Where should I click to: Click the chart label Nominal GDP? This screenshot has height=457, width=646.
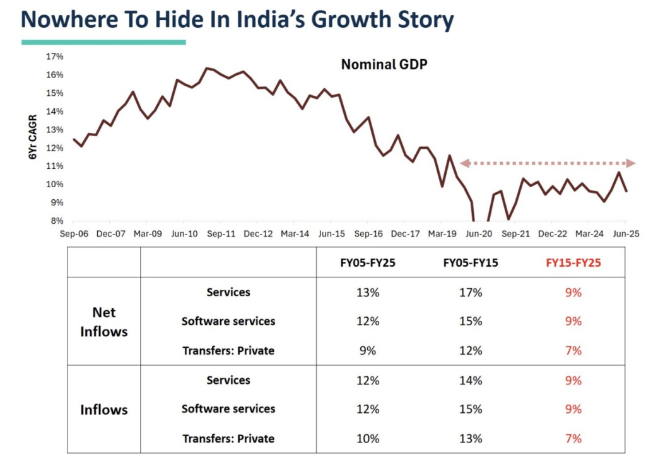click(384, 64)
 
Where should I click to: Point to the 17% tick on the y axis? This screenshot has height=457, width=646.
click(55, 57)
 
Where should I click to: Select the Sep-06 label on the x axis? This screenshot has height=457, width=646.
click(73, 233)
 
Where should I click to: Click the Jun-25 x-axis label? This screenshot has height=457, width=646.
click(626, 233)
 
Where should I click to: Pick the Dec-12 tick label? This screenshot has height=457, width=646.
click(258, 233)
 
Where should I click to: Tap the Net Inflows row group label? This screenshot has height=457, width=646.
click(103, 321)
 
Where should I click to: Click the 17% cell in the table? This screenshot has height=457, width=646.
click(471, 292)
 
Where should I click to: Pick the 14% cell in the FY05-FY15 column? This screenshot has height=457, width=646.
click(471, 380)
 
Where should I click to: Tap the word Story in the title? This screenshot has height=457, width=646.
click(420, 21)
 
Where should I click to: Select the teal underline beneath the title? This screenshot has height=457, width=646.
click(103, 42)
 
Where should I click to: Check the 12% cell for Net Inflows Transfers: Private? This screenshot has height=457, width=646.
click(471, 350)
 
